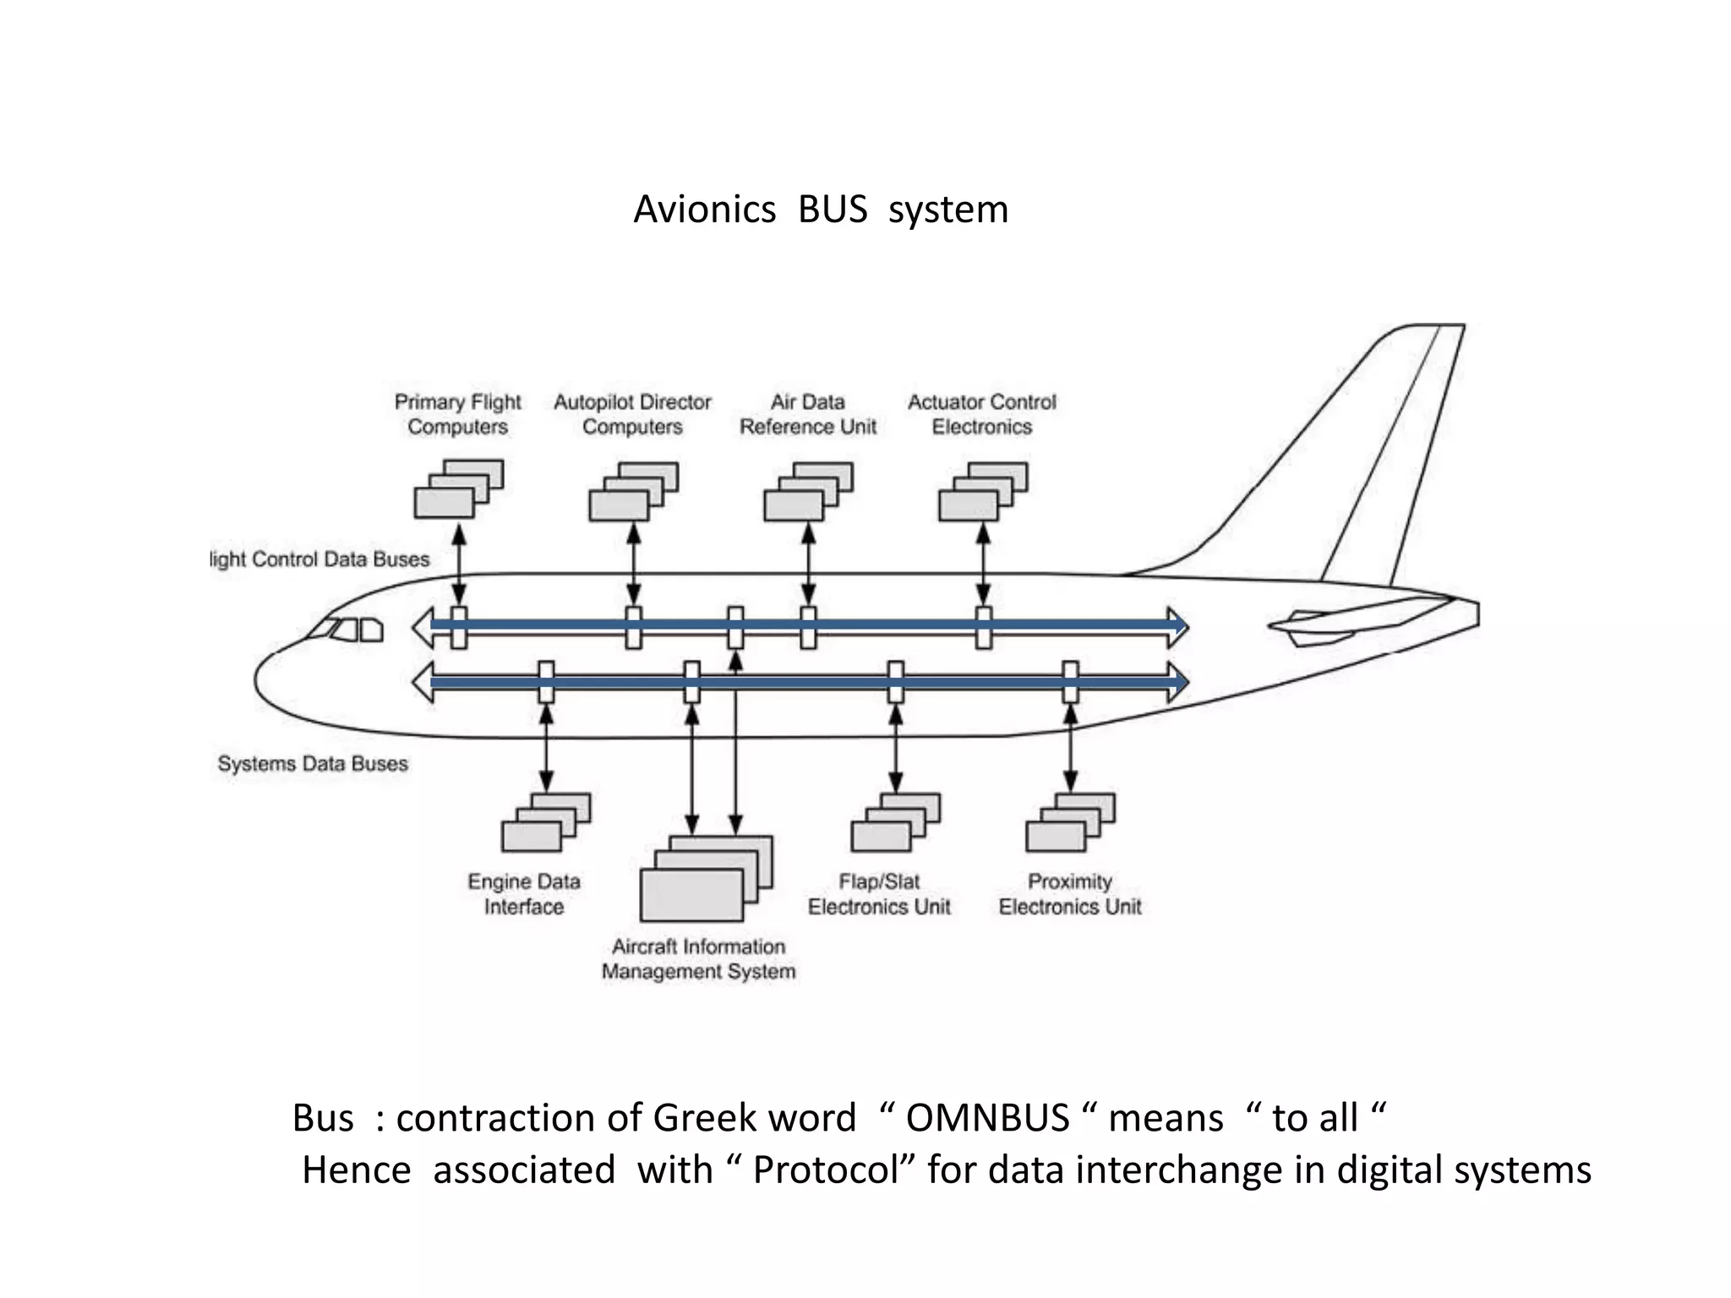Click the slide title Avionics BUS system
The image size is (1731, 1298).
(x=821, y=210)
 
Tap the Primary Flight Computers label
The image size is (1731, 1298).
(x=458, y=414)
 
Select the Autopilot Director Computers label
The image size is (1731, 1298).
(x=632, y=414)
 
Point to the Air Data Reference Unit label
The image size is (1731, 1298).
(x=808, y=414)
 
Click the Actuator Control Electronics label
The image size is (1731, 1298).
(x=982, y=414)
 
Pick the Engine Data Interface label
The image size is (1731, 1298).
(x=524, y=894)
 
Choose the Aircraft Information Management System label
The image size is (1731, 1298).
(x=699, y=959)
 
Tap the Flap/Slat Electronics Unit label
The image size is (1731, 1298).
(x=879, y=894)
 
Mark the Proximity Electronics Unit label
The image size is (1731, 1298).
(x=1070, y=894)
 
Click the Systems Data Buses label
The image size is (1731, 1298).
(x=313, y=764)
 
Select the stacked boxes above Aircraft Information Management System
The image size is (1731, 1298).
(x=706, y=878)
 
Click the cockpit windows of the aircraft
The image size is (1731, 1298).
(x=347, y=630)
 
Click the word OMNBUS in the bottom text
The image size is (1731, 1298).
(x=987, y=1118)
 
